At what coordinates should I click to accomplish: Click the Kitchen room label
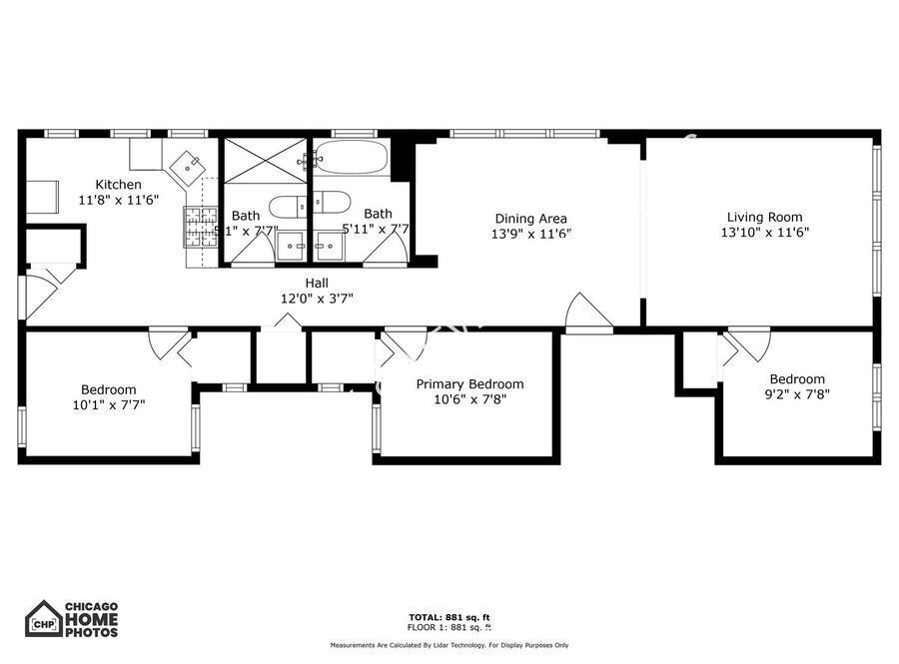(118, 185)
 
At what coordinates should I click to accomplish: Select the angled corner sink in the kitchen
(186, 164)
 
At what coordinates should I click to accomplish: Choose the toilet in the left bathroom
(290, 206)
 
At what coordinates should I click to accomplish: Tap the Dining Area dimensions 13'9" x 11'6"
(530, 234)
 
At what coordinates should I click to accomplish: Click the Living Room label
(764, 217)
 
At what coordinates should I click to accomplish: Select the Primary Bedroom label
(469, 384)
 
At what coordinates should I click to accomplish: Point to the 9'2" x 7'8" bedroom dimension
(797, 393)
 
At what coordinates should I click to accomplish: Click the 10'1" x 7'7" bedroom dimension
(109, 404)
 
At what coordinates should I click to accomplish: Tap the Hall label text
(316, 284)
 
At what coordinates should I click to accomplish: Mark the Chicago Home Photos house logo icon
(43, 619)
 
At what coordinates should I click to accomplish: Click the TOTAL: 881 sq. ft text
(449, 617)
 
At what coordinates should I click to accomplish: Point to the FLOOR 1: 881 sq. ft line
(449, 627)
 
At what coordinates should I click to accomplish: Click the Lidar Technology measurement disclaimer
(449, 645)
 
